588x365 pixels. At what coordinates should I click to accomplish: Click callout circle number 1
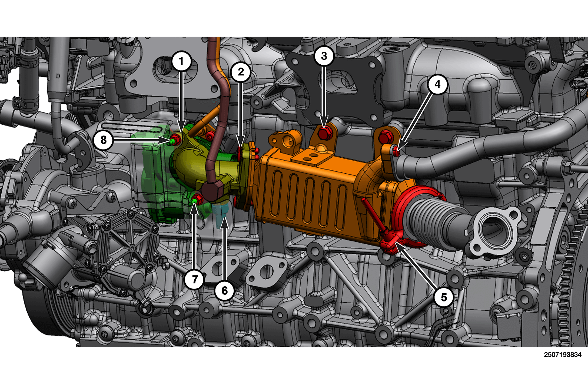tap(181, 61)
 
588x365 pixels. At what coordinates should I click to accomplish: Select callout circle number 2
tap(241, 72)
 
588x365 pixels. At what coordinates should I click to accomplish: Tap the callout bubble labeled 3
tap(324, 56)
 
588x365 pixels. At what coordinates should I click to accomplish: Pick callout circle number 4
tap(437, 84)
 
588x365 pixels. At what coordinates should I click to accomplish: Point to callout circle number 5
tap(444, 297)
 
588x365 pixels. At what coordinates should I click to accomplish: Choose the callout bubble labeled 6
tap(224, 291)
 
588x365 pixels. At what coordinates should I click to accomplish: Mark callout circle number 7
tap(195, 279)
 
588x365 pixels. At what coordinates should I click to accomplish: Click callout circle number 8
tap(103, 140)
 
